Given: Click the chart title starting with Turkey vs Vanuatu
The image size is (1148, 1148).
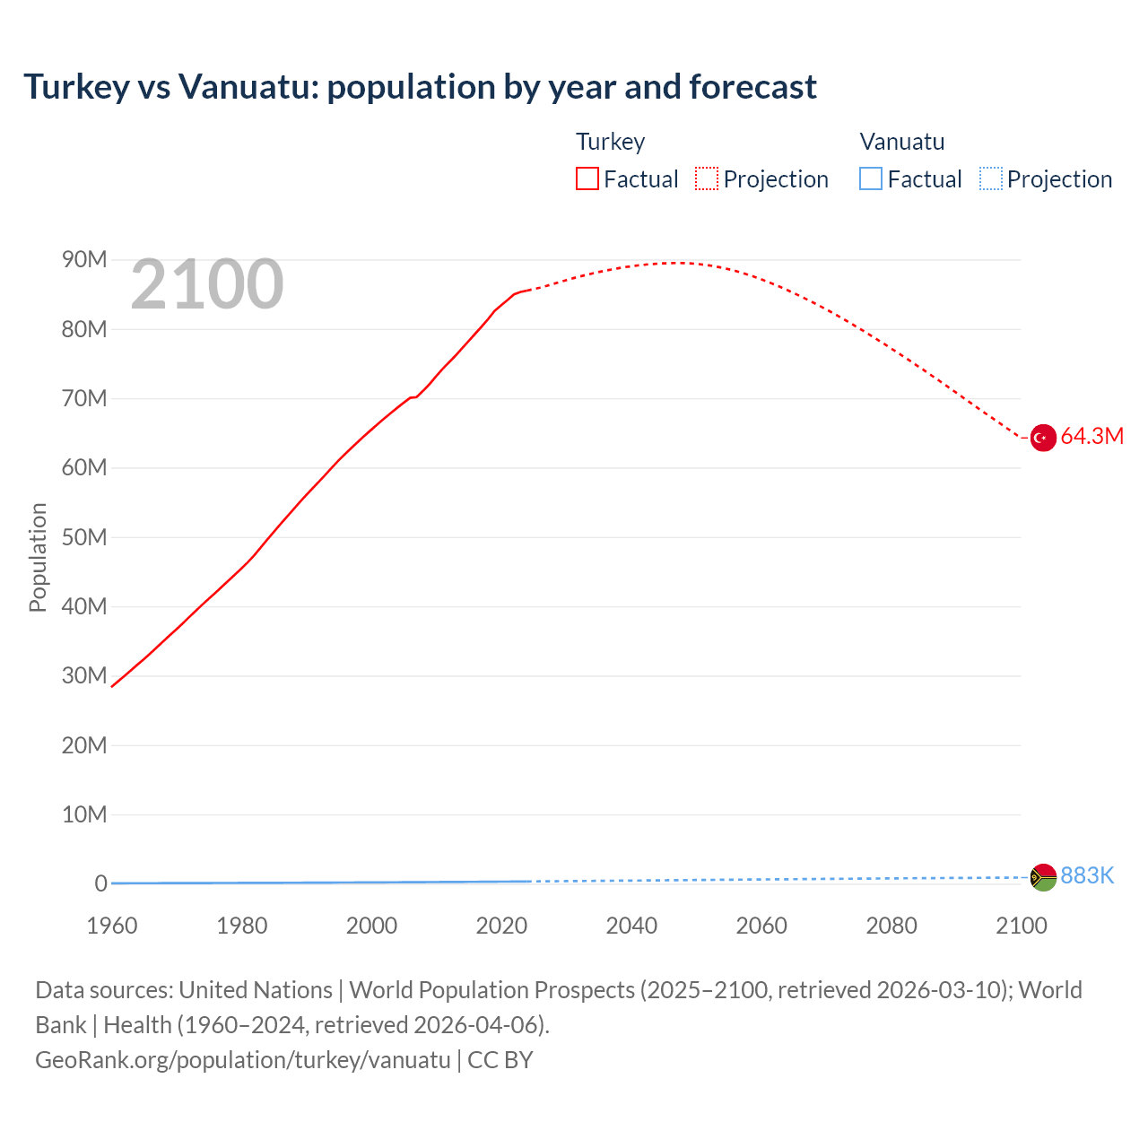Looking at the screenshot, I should [x=420, y=87].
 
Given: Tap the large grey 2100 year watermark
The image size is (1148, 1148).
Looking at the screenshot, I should [x=207, y=284].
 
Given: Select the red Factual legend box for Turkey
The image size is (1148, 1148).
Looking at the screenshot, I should [x=587, y=178].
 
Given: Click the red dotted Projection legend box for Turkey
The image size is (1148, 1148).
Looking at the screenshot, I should [x=707, y=178].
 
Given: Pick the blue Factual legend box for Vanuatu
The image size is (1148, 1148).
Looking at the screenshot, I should [x=871, y=178].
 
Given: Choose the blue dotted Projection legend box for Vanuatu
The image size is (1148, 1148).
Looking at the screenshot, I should [x=990, y=178].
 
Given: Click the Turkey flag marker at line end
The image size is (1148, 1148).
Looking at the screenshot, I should [x=1042, y=438].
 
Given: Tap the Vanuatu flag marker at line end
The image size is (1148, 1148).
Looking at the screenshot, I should [x=1042, y=877].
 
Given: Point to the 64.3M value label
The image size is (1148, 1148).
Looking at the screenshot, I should [x=1091, y=437].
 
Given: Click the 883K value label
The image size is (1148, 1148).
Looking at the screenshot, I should [x=1087, y=876].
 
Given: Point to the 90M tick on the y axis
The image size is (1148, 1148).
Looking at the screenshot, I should [x=84, y=260].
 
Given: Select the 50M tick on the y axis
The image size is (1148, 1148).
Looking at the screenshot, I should [x=84, y=537].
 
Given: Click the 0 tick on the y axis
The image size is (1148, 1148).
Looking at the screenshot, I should [x=100, y=884].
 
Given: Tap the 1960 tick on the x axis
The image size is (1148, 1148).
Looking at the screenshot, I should [x=112, y=926].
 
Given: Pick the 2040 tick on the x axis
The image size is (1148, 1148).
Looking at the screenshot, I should [x=631, y=926].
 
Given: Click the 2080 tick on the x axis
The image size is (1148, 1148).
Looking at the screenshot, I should [x=891, y=926].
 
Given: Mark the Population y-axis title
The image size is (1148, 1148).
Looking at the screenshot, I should [x=38, y=557].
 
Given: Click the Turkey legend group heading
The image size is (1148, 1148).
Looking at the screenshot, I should [x=610, y=142].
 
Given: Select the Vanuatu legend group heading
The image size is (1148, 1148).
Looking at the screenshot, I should [x=901, y=142].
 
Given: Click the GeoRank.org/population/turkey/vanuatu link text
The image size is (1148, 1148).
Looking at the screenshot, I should [x=243, y=1060].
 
